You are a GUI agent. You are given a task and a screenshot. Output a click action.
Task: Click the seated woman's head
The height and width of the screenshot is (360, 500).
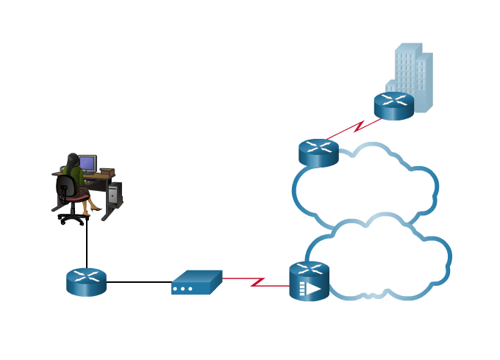[x=72, y=159]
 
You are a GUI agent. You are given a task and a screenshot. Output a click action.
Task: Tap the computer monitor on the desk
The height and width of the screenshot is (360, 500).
[x=87, y=162]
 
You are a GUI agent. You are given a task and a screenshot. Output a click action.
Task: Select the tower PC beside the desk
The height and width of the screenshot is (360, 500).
[x=113, y=193]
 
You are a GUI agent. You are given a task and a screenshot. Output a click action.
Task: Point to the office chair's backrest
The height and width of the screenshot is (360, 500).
[x=65, y=187]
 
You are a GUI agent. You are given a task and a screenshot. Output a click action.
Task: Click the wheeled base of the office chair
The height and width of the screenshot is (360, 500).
[x=72, y=217]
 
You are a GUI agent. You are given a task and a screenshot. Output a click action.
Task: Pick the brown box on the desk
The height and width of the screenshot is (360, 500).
[x=107, y=172]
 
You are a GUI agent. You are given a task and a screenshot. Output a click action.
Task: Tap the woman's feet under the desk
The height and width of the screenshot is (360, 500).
[x=93, y=209]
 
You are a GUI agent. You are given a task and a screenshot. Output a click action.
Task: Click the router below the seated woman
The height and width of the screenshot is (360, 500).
[x=86, y=282]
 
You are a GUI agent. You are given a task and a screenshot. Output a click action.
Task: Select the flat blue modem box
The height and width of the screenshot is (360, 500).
[x=196, y=282]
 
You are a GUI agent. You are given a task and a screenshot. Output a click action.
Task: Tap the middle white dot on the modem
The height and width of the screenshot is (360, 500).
[x=182, y=289]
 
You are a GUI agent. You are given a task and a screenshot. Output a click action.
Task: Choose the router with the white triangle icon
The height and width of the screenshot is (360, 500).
[x=309, y=281]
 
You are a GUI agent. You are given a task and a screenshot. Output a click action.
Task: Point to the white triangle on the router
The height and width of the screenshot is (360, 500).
[x=314, y=289]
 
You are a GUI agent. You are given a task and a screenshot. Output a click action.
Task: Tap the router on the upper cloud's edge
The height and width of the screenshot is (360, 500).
[x=318, y=153]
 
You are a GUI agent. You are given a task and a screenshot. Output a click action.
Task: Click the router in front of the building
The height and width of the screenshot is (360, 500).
[x=393, y=106]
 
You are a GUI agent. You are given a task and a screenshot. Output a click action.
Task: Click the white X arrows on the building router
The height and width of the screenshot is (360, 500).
[x=393, y=99]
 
